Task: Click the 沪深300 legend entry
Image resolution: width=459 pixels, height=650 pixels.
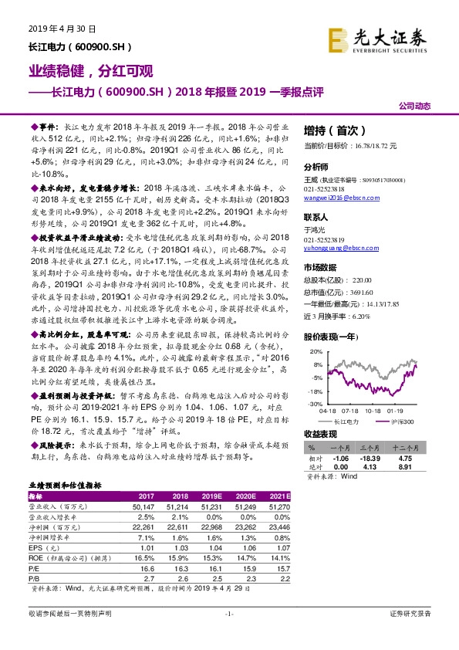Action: [401, 422]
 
